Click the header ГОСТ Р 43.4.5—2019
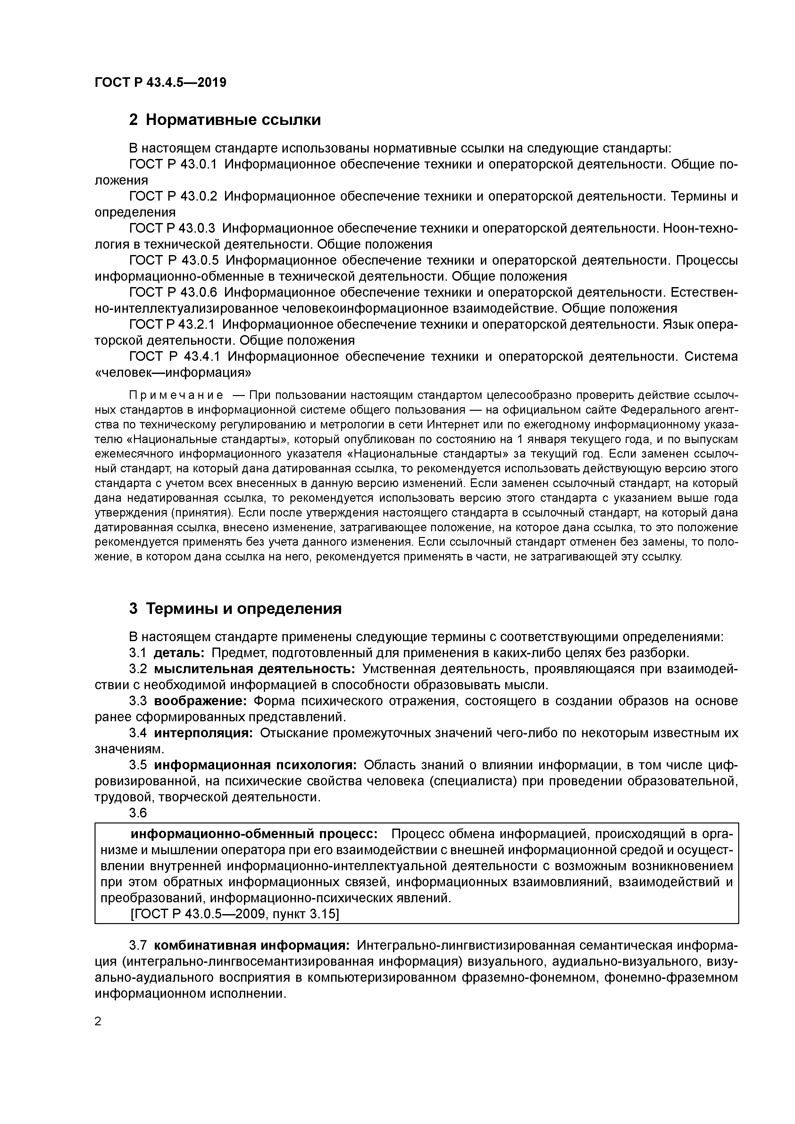(x=160, y=82)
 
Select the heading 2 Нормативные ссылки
(x=225, y=120)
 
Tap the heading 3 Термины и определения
(x=235, y=608)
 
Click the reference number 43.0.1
(x=198, y=164)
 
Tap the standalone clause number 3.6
(x=138, y=813)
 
